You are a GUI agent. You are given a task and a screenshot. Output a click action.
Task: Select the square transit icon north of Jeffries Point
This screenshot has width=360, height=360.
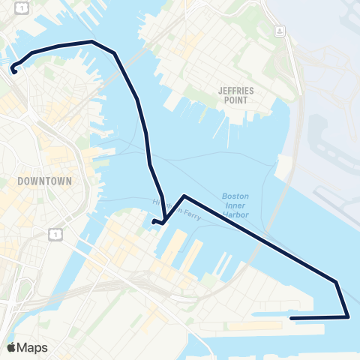pos(279,31)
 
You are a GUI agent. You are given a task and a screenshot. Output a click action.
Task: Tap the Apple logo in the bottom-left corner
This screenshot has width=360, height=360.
pos(11,347)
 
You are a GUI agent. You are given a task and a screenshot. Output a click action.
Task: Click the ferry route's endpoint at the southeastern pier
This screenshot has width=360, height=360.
pos(291,317)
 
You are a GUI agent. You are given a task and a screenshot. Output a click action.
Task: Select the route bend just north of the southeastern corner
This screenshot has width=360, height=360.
pos(337,283)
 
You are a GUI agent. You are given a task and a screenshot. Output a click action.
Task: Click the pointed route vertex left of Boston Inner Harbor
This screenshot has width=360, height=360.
pos(184,196)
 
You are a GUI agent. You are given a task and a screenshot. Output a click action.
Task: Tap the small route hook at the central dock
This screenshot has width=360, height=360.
pos(154,222)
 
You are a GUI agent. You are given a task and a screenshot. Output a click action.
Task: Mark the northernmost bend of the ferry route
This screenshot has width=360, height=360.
pos(91,42)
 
